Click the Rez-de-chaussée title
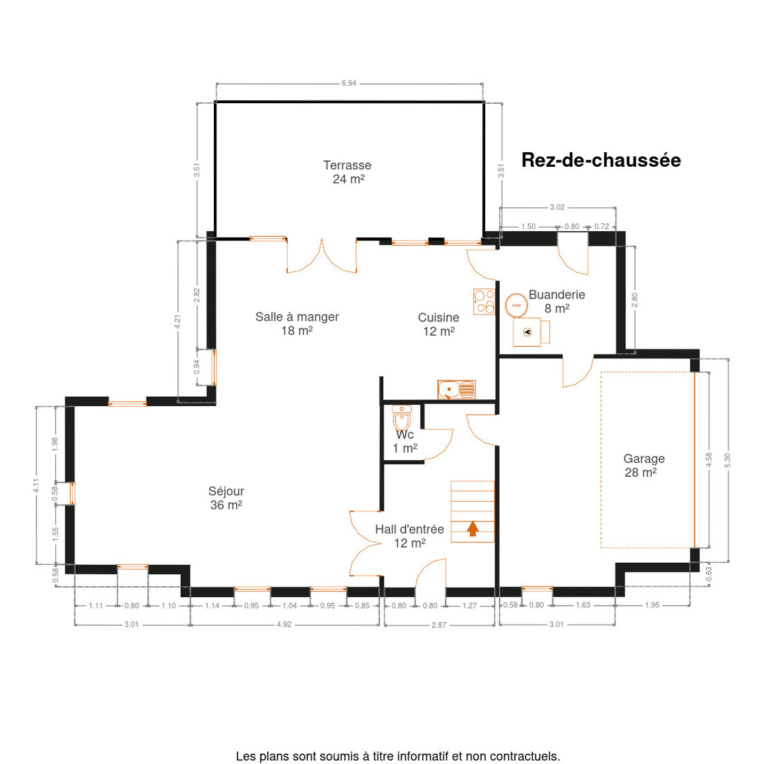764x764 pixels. [x=600, y=160]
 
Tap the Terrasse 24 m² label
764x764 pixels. [x=348, y=172]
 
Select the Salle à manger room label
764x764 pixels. [x=297, y=323]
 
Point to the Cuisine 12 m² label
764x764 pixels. [x=439, y=324]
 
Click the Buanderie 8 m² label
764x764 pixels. [x=556, y=301]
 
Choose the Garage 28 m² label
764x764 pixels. [x=644, y=465]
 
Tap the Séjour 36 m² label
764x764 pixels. [x=226, y=498]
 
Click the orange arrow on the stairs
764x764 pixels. [x=472, y=528]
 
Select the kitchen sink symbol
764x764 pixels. [x=456, y=390]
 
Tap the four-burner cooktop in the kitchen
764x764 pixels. [x=484, y=302]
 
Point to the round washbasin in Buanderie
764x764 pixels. [x=516, y=306]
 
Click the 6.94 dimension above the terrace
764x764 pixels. [x=349, y=83]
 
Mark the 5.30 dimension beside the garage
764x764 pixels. [x=727, y=460]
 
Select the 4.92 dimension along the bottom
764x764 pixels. [x=284, y=625]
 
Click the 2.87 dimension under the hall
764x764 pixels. [x=439, y=625]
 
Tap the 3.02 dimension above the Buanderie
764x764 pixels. [x=557, y=207]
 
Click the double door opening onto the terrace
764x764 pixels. [x=322, y=256]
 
